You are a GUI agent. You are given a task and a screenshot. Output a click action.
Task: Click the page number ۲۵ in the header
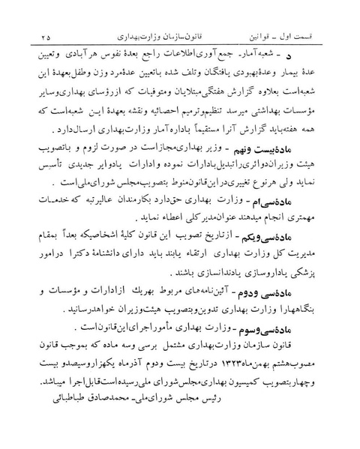point(48,34)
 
